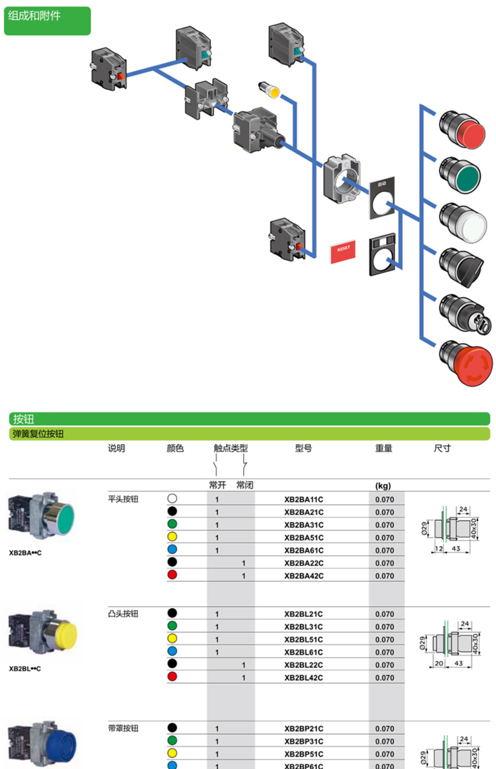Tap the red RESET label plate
pyautogui.click(x=343, y=252)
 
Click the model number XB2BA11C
pyautogui.click(x=303, y=499)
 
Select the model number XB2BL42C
pyautogui.click(x=303, y=677)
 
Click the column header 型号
pyautogui.click(x=303, y=448)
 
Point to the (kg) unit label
pyautogui.click(x=383, y=486)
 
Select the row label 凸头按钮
pyautogui.click(x=123, y=614)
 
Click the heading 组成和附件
pyautogui.click(x=34, y=16)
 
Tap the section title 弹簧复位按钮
pyautogui.click(x=38, y=434)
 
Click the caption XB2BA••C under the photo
pyautogui.click(x=25, y=553)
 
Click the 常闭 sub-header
pyautogui.click(x=245, y=485)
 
